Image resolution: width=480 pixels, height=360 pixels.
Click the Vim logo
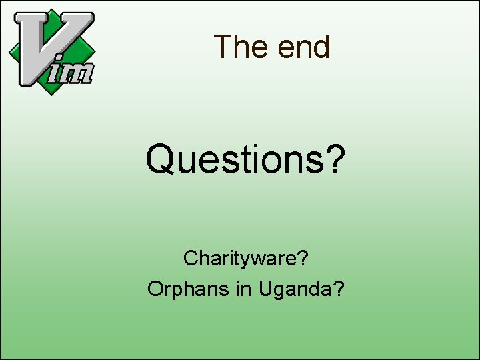coord(51,51)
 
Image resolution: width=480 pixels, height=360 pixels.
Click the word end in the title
coord(304,47)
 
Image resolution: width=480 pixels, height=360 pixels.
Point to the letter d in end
coord(321,47)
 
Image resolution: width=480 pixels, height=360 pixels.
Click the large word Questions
coord(237,161)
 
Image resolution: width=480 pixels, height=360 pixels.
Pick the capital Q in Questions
coord(161,161)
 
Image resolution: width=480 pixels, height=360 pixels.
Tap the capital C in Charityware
coord(190,258)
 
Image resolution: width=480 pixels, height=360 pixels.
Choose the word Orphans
coord(181,289)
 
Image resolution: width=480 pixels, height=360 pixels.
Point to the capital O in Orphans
coord(155,289)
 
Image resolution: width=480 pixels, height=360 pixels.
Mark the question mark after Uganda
coord(339,289)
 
